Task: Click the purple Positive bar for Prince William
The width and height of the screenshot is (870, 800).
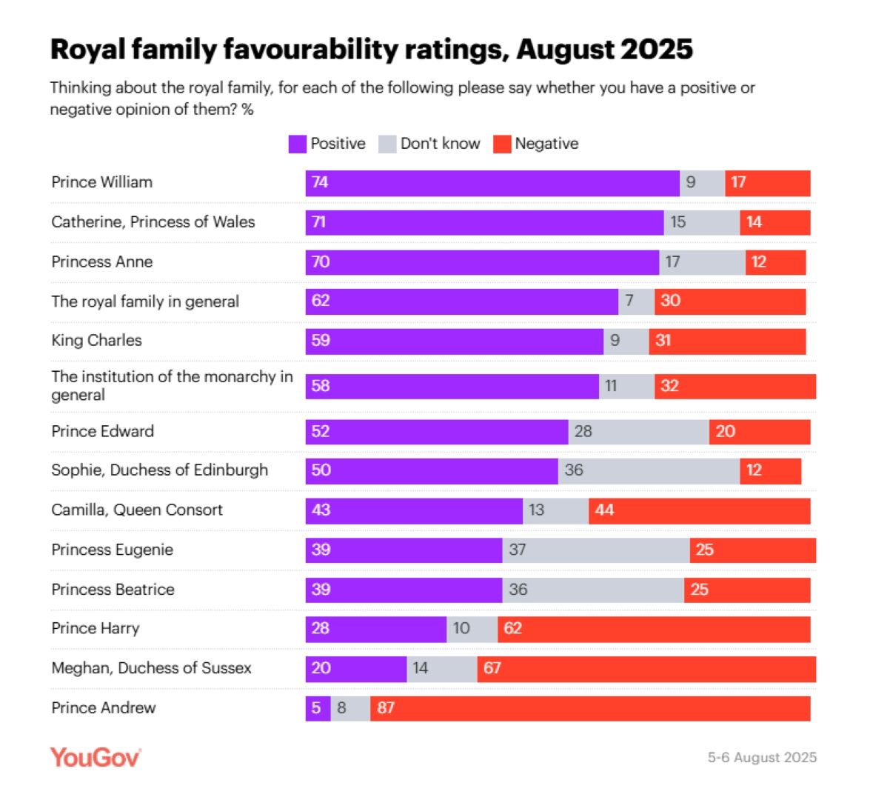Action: (492, 183)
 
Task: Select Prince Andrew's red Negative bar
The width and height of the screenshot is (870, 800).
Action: (590, 708)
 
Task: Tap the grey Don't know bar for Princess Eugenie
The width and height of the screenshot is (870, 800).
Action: (596, 550)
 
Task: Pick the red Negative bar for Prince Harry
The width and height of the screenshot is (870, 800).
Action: (654, 629)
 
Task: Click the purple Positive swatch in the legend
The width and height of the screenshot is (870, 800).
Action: (297, 144)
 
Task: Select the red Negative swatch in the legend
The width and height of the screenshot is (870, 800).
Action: (502, 144)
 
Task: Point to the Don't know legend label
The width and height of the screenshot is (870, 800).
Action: (440, 144)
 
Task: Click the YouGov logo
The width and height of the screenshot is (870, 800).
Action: (95, 757)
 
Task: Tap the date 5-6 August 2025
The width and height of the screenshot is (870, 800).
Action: (762, 757)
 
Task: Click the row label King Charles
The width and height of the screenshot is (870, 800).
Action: (96, 341)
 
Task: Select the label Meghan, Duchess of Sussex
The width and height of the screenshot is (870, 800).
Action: (151, 668)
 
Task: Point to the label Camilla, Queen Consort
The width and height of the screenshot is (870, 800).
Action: (137, 510)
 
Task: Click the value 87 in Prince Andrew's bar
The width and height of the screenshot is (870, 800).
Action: (386, 708)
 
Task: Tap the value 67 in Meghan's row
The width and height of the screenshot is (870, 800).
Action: (492, 668)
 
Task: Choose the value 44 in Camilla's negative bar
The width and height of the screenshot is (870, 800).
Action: (604, 510)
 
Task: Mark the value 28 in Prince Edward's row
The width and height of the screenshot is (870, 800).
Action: (583, 431)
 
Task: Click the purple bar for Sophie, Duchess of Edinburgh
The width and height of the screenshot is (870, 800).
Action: (432, 470)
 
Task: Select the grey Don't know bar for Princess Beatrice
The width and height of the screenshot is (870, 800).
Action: (593, 590)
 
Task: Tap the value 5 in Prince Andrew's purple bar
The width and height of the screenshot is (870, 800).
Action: (316, 708)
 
